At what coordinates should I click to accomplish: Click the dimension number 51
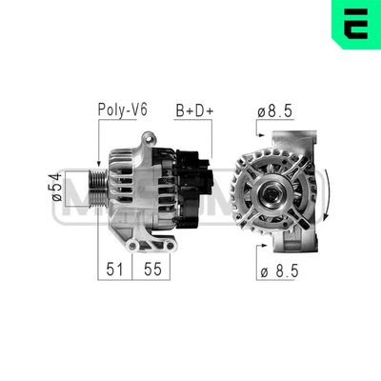click(x=114, y=270)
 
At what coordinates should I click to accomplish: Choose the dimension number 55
click(x=150, y=270)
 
